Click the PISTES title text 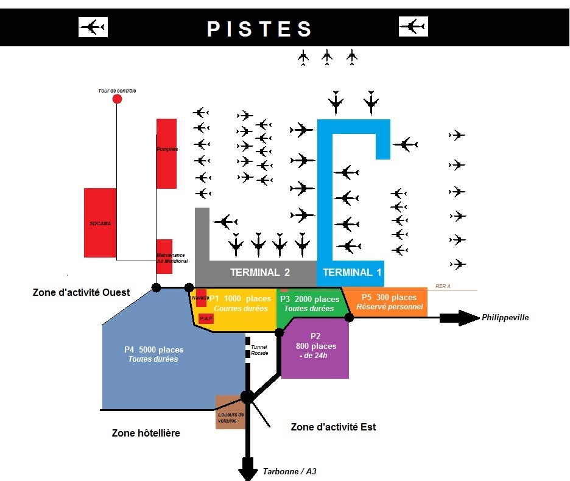point(259,29)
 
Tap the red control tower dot point(117,99)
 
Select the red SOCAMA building point(100,223)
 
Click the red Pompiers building point(166,153)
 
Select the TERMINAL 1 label point(352,272)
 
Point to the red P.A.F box point(206,318)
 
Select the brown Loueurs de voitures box point(230,416)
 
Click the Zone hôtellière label point(146,433)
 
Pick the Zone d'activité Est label point(334,427)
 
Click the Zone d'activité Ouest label point(81,292)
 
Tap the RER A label point(443,285)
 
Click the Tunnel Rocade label point(259,349)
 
